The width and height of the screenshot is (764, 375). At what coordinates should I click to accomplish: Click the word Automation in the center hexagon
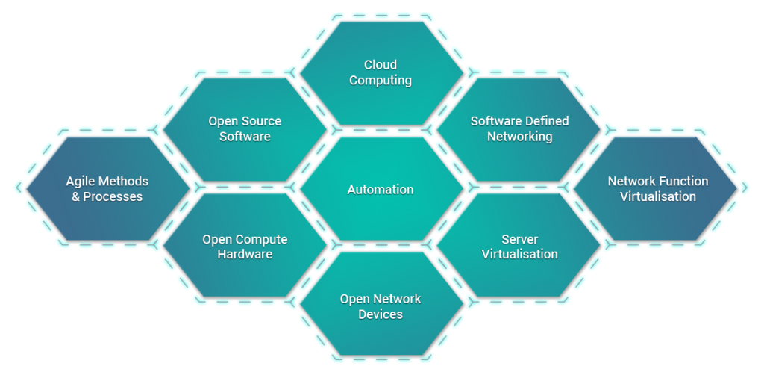click(x=381, y=190)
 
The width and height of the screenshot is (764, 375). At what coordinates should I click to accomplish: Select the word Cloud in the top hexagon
click(x=381, y=65)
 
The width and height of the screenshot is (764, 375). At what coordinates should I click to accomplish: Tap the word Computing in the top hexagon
click(x=381, y=81)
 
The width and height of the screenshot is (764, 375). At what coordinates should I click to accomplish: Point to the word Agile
click(x=81, y=182)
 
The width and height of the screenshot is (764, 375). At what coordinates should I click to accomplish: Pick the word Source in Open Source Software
click(x=262, y=121)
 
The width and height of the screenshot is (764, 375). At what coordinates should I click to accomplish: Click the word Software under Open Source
click(x=245, y=137)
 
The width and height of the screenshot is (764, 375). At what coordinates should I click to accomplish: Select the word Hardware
click(x=245, y=255)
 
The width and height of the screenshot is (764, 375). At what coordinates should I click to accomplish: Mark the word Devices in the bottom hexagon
click(x=381, y=314)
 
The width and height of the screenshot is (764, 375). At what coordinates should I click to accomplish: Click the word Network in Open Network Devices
click(x=396, y=299)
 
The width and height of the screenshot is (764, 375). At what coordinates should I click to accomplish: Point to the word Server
click(x=519, y=240)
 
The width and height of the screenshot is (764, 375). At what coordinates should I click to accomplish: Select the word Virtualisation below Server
click(x=519, y=255)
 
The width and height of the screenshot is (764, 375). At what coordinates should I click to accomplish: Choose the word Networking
click(x=519, y=137)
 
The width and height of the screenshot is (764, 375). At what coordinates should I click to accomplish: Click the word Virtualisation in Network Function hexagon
click(x=658, y=197)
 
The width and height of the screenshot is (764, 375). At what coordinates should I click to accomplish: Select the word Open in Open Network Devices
click(x=354, y=299)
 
